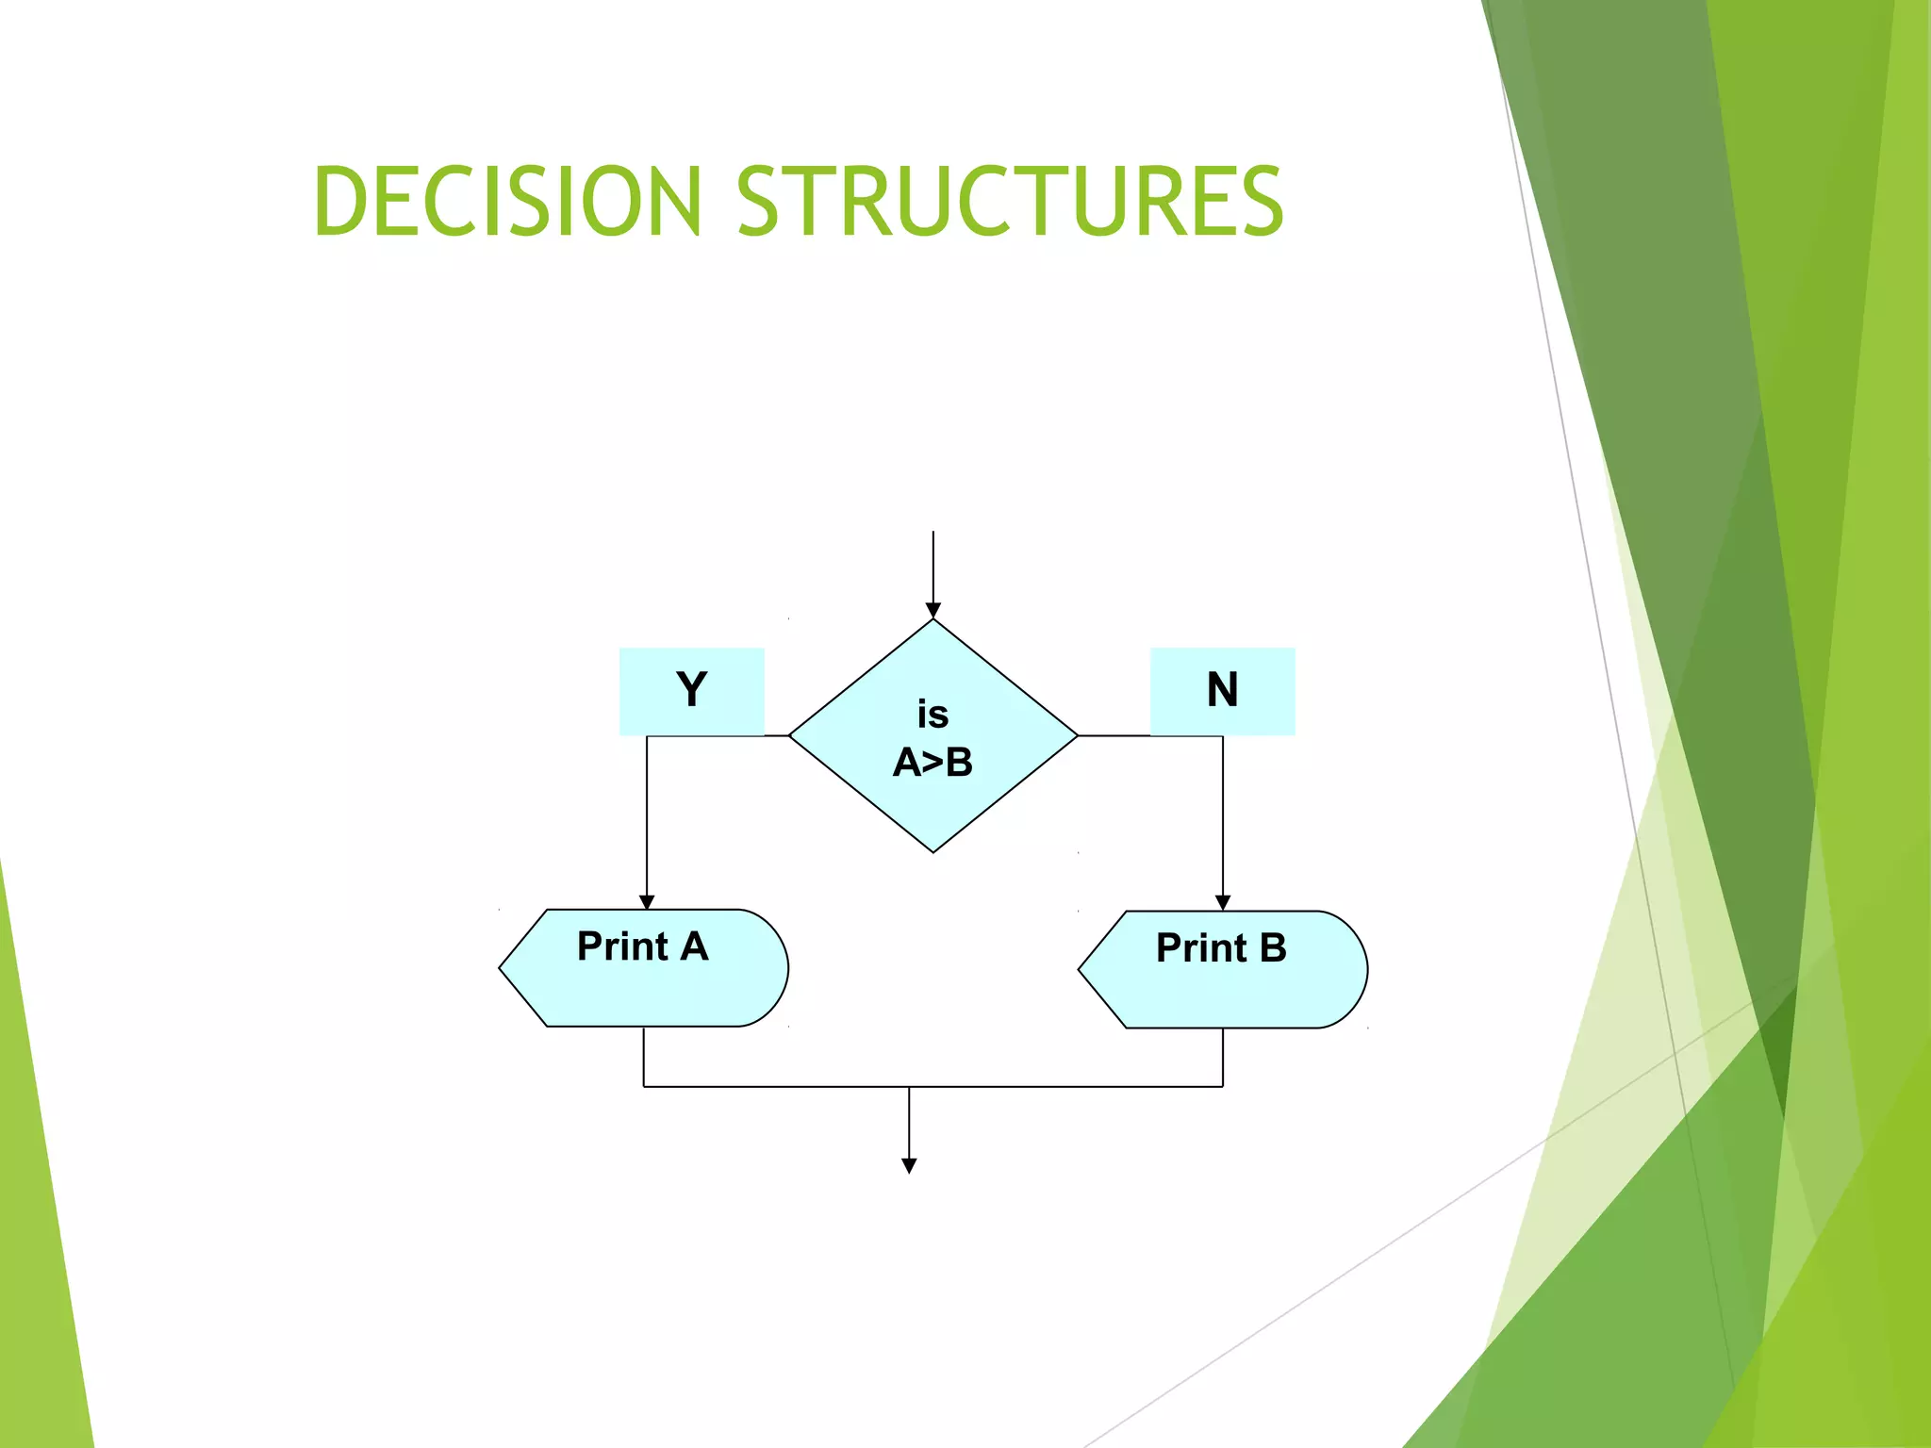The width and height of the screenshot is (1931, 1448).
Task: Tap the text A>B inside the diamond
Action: pyautogui.click(x=932, y=763)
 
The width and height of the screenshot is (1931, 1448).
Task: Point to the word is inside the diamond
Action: pyautogui.click(x=932, y=715)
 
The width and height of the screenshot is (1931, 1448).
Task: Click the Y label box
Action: pyautogui.click(x=691, y=690)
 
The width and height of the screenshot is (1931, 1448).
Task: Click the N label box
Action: pyautogui.click(x=1222, y=690)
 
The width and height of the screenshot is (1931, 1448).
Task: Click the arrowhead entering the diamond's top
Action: pyautogui.click(x=933, y=611)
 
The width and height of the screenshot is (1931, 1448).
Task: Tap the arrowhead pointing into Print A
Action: pyautogui.click(x=647, y=902)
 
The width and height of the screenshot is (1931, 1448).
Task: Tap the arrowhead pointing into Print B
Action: pyautogui.click(x=1223, y=903)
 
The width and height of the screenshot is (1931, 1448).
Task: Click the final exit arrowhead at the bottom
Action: pyautogui.click(x=909, y=1166)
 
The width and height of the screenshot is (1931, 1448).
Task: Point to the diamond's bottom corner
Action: pyautogui.click(x=933, y=850)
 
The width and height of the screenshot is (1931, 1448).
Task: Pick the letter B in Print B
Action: pyautogui.click(x=1273, y=948)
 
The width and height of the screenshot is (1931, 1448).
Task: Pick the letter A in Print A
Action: pyautogui.click(x=694, y=946)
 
